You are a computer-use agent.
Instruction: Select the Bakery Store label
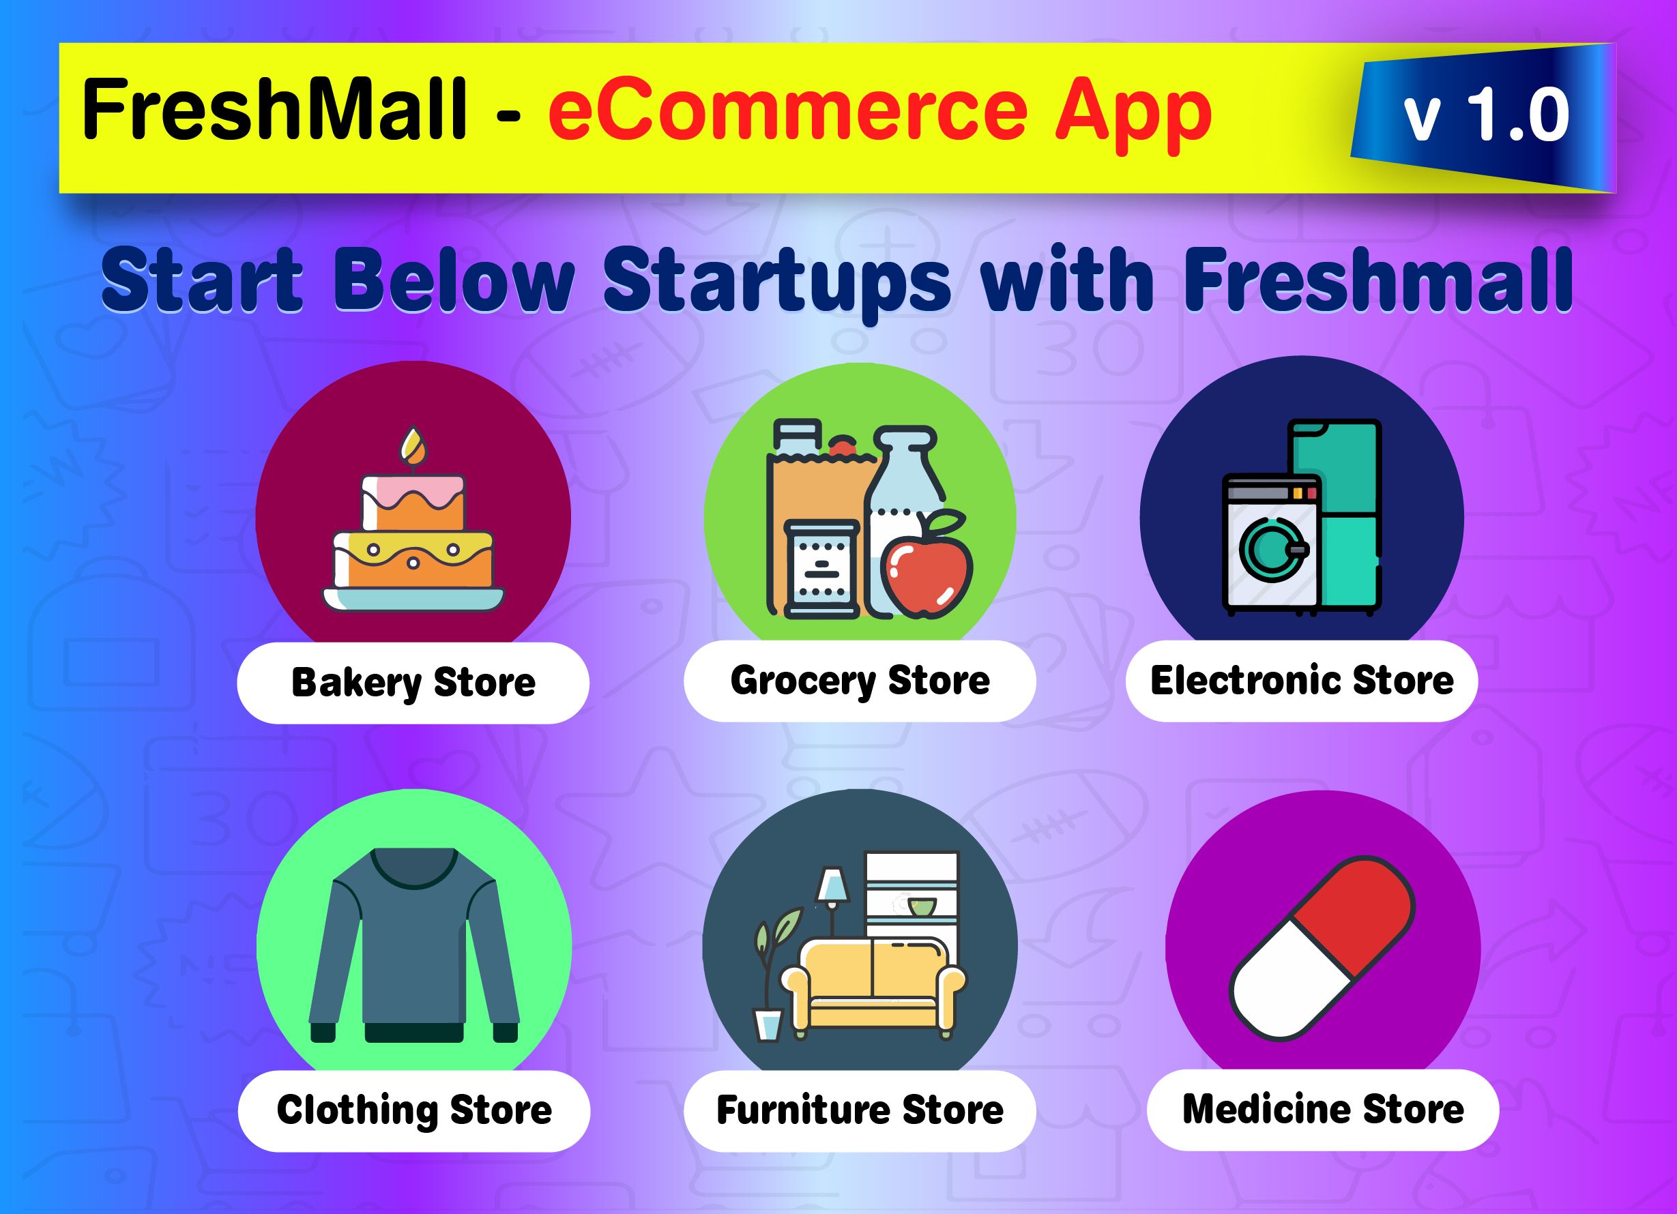coord(413,683)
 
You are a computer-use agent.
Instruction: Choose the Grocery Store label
coord(859,681)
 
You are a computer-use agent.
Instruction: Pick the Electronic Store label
coord(1301,681)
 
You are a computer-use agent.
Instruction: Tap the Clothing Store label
coord(414,1110)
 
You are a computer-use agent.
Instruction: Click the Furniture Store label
coord(859,1110)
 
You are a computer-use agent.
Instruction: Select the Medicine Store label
coord(1323,1109)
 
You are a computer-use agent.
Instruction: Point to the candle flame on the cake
coord(413,446)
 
